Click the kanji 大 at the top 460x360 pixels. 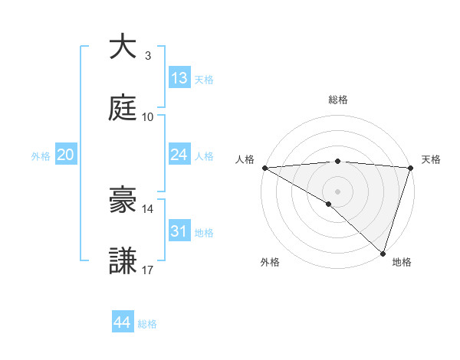pos(123,47)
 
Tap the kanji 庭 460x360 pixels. pos(123,108)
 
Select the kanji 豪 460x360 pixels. pos(123,200)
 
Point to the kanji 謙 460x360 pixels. pos(123,261)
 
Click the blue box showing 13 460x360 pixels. pos(179,78)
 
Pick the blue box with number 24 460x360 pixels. pos(179,155)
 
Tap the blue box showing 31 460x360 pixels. pos(179,231)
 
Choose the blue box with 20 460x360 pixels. pos(65,155)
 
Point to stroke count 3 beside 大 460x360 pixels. pos(148,56)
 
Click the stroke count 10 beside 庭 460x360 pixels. pos(148,117)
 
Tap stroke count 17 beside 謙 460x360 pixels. pos(148,270)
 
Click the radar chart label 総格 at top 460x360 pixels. pos(337,100)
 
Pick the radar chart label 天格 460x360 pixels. pos(432,159)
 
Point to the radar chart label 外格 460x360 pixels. pos(270,263)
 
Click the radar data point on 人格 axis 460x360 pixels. pos(264,168)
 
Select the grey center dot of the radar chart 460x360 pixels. pos(337,191)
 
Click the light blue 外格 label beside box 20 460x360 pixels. pos(41,156)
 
